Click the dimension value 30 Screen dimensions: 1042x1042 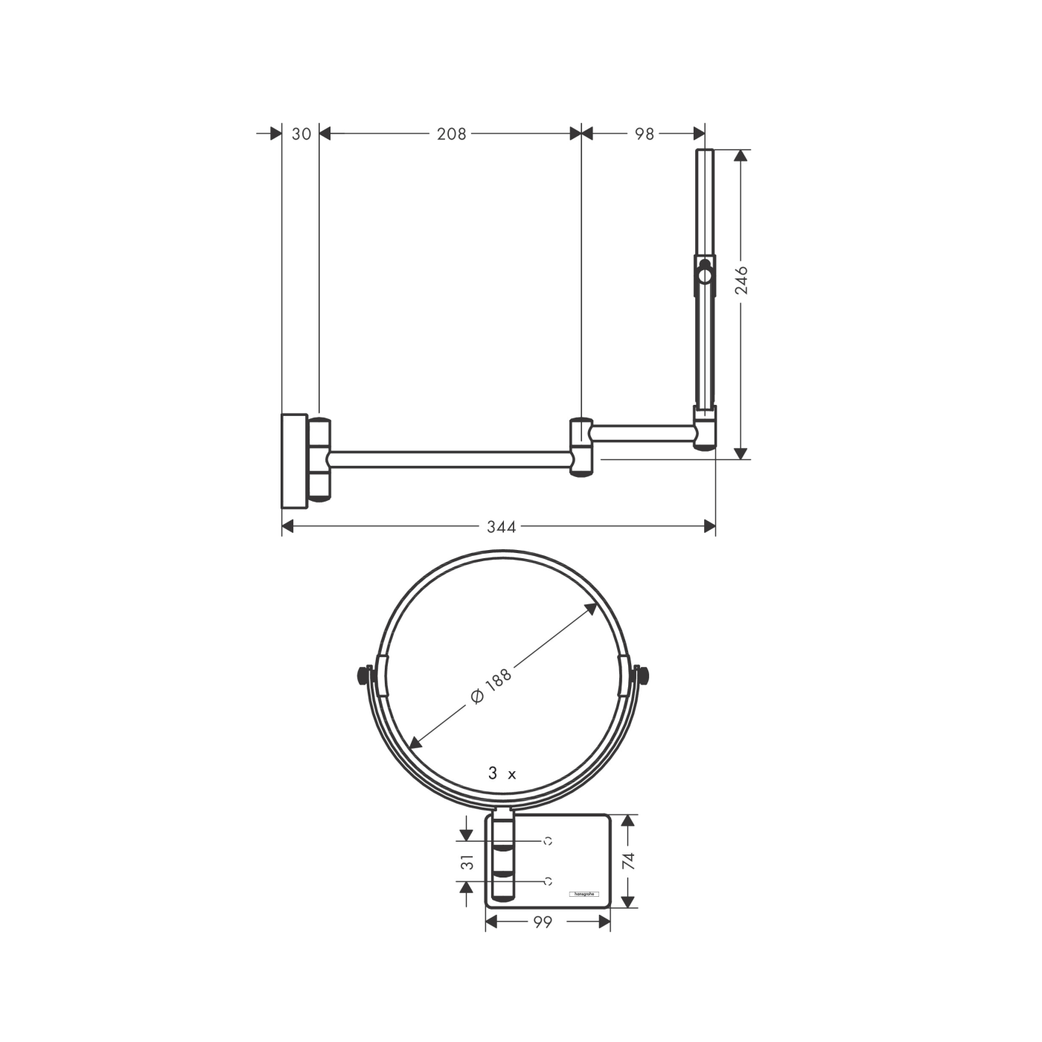(x=301, y=134)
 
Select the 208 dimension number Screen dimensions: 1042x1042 (x=451, y=134)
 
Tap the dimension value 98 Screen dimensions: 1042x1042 (x=645, y=134)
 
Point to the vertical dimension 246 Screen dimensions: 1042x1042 (x=742, y=281)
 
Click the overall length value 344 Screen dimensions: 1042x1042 (x=501, y=528)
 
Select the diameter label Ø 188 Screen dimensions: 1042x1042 (x=492, y=686)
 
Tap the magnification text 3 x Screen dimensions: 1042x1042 (x=502, y=774)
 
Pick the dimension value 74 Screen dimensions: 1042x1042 (x=629, y=862)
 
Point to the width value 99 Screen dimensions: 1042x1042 (x=543, y=922)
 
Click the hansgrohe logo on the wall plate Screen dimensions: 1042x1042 (x=584, y=893)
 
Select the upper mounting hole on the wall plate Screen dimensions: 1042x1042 (x=548, y=841)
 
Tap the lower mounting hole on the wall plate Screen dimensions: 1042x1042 (x=548, y=881)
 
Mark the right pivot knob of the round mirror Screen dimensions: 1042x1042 (x=642, y=675)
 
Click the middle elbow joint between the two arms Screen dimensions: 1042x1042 (x=581, y=447)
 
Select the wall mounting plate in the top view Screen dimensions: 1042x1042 (x=294, y=461)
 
